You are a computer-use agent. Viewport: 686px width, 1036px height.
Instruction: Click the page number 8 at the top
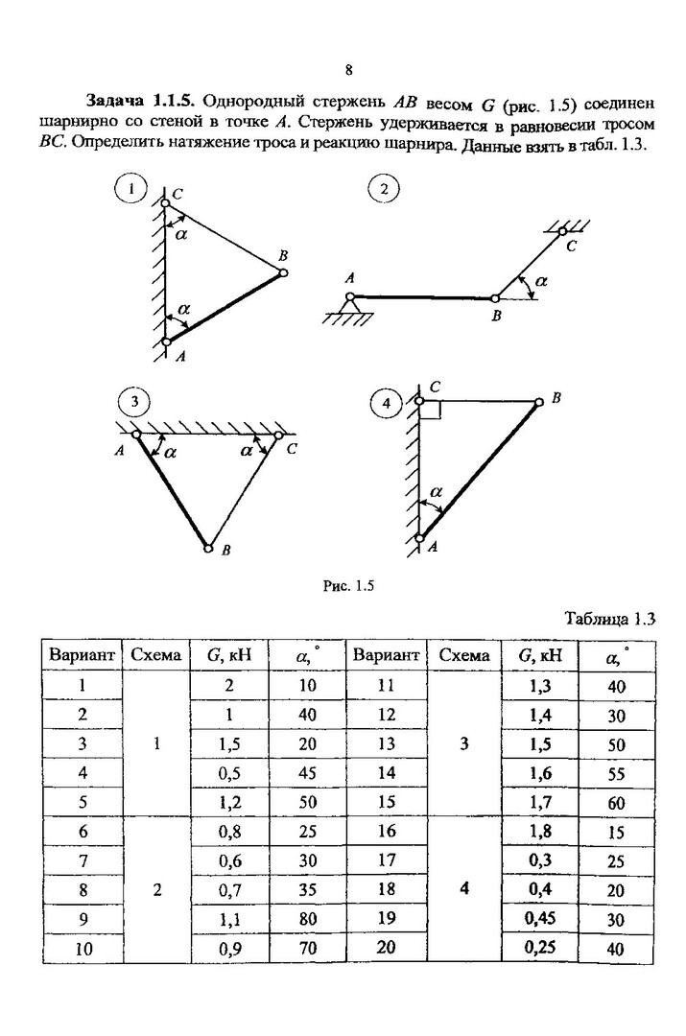348,70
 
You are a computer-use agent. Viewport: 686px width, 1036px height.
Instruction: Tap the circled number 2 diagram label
383,189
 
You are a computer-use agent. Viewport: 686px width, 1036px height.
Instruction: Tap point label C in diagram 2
572,247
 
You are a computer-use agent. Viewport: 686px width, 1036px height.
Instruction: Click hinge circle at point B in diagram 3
208,548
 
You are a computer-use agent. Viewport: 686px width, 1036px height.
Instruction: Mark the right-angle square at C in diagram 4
430,410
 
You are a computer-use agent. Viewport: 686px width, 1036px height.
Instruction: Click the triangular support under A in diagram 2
349,308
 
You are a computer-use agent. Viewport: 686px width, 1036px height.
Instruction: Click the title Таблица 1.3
609,618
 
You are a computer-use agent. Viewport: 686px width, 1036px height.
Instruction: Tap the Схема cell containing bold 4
462,888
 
